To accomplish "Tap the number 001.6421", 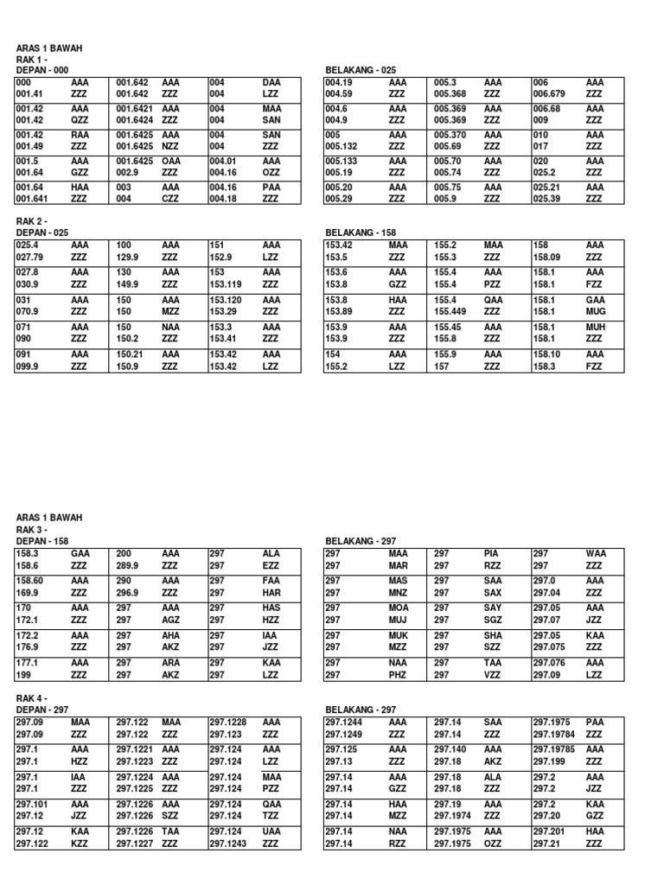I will pyautogui.click(x=134, y=109).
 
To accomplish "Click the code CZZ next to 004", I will pyautogui.click(x=170, y=198).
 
